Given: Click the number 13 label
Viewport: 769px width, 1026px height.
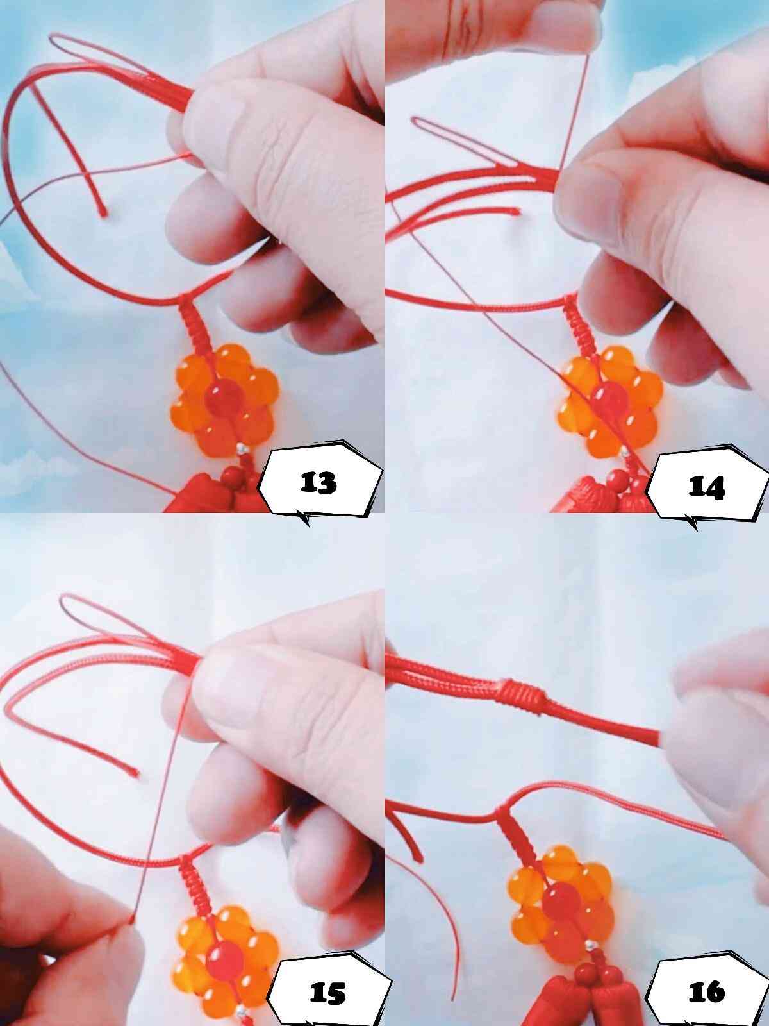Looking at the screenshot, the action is coord(318,482).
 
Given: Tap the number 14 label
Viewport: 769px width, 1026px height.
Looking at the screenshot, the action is coord(706,487).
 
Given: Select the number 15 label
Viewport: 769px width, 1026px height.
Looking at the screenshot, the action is coord(327,994).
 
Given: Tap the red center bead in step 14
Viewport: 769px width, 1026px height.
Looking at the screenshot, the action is coord(611,400).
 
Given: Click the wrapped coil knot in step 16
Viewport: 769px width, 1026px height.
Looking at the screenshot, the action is coord(522,698).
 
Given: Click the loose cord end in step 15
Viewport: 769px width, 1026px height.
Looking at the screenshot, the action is coord(136,773).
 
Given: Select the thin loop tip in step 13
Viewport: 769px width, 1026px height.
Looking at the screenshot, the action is coord(53,37).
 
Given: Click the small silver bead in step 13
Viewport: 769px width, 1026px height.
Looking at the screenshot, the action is coord(242,449).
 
